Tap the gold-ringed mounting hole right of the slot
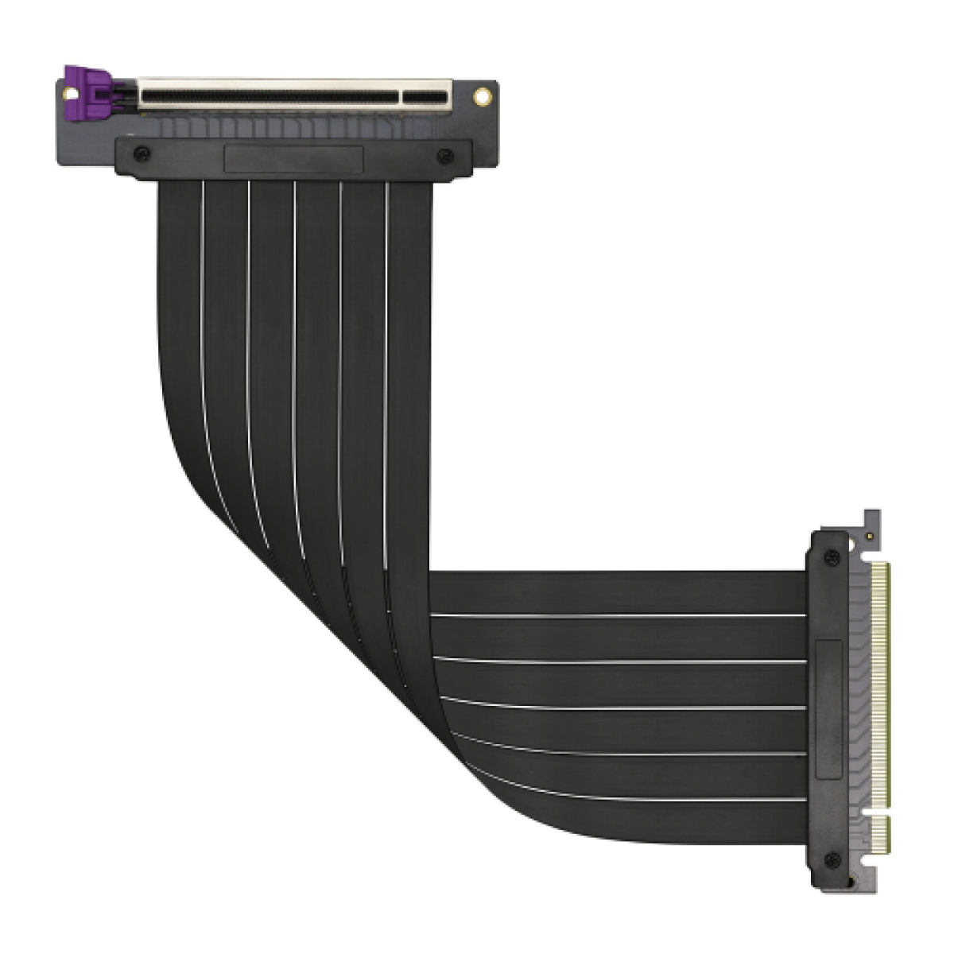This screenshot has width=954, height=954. coord(481,97)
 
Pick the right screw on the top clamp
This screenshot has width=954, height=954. coord(444,153)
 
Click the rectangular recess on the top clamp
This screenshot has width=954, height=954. coord(293,159)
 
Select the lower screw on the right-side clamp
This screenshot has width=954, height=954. coord(832,859)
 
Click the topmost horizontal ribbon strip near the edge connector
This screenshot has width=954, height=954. coord(620,592)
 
